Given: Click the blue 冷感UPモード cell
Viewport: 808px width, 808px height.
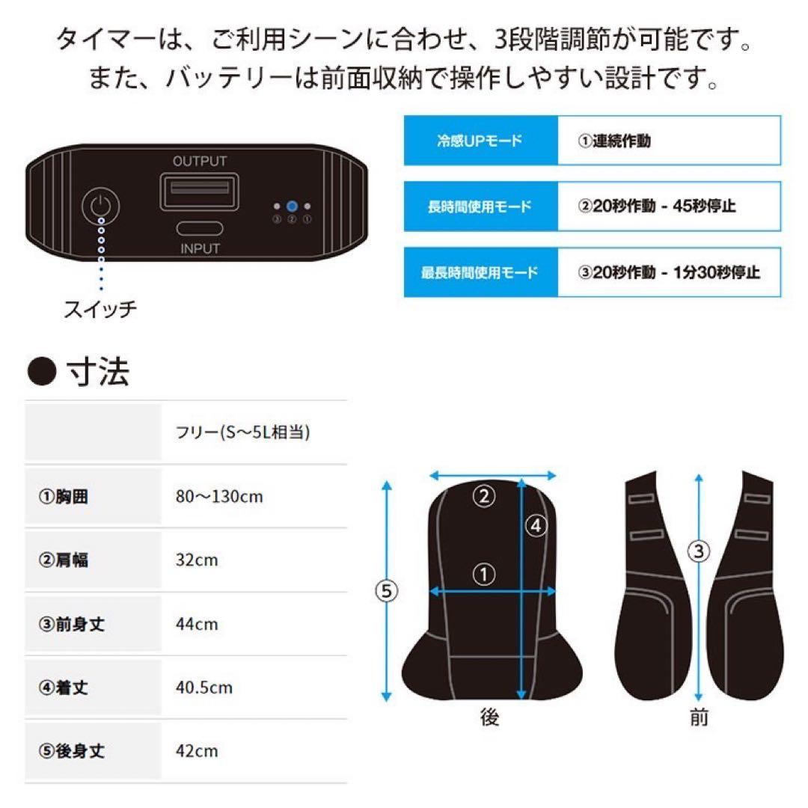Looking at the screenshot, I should click(x=480, y=141).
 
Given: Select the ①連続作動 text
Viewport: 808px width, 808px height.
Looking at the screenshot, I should click(x=614, y=141).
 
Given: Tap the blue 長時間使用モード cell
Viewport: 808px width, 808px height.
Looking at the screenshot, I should click(x=480, y=206).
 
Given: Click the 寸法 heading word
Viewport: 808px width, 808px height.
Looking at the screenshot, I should click(x=98, y=372).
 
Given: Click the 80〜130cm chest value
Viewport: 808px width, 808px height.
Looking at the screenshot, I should click(x=218, y=496).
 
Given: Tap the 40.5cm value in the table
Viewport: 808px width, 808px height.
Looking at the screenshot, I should click(x=203, y=688).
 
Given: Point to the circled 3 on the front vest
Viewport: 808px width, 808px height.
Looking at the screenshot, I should click(x=699, y=552).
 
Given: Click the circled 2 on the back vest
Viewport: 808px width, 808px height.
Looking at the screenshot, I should click(x=484, y=496).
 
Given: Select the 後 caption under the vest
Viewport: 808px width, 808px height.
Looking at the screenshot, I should click(x=489, y=718).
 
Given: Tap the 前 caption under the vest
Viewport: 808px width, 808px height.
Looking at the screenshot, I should click(x=699, y=718).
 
